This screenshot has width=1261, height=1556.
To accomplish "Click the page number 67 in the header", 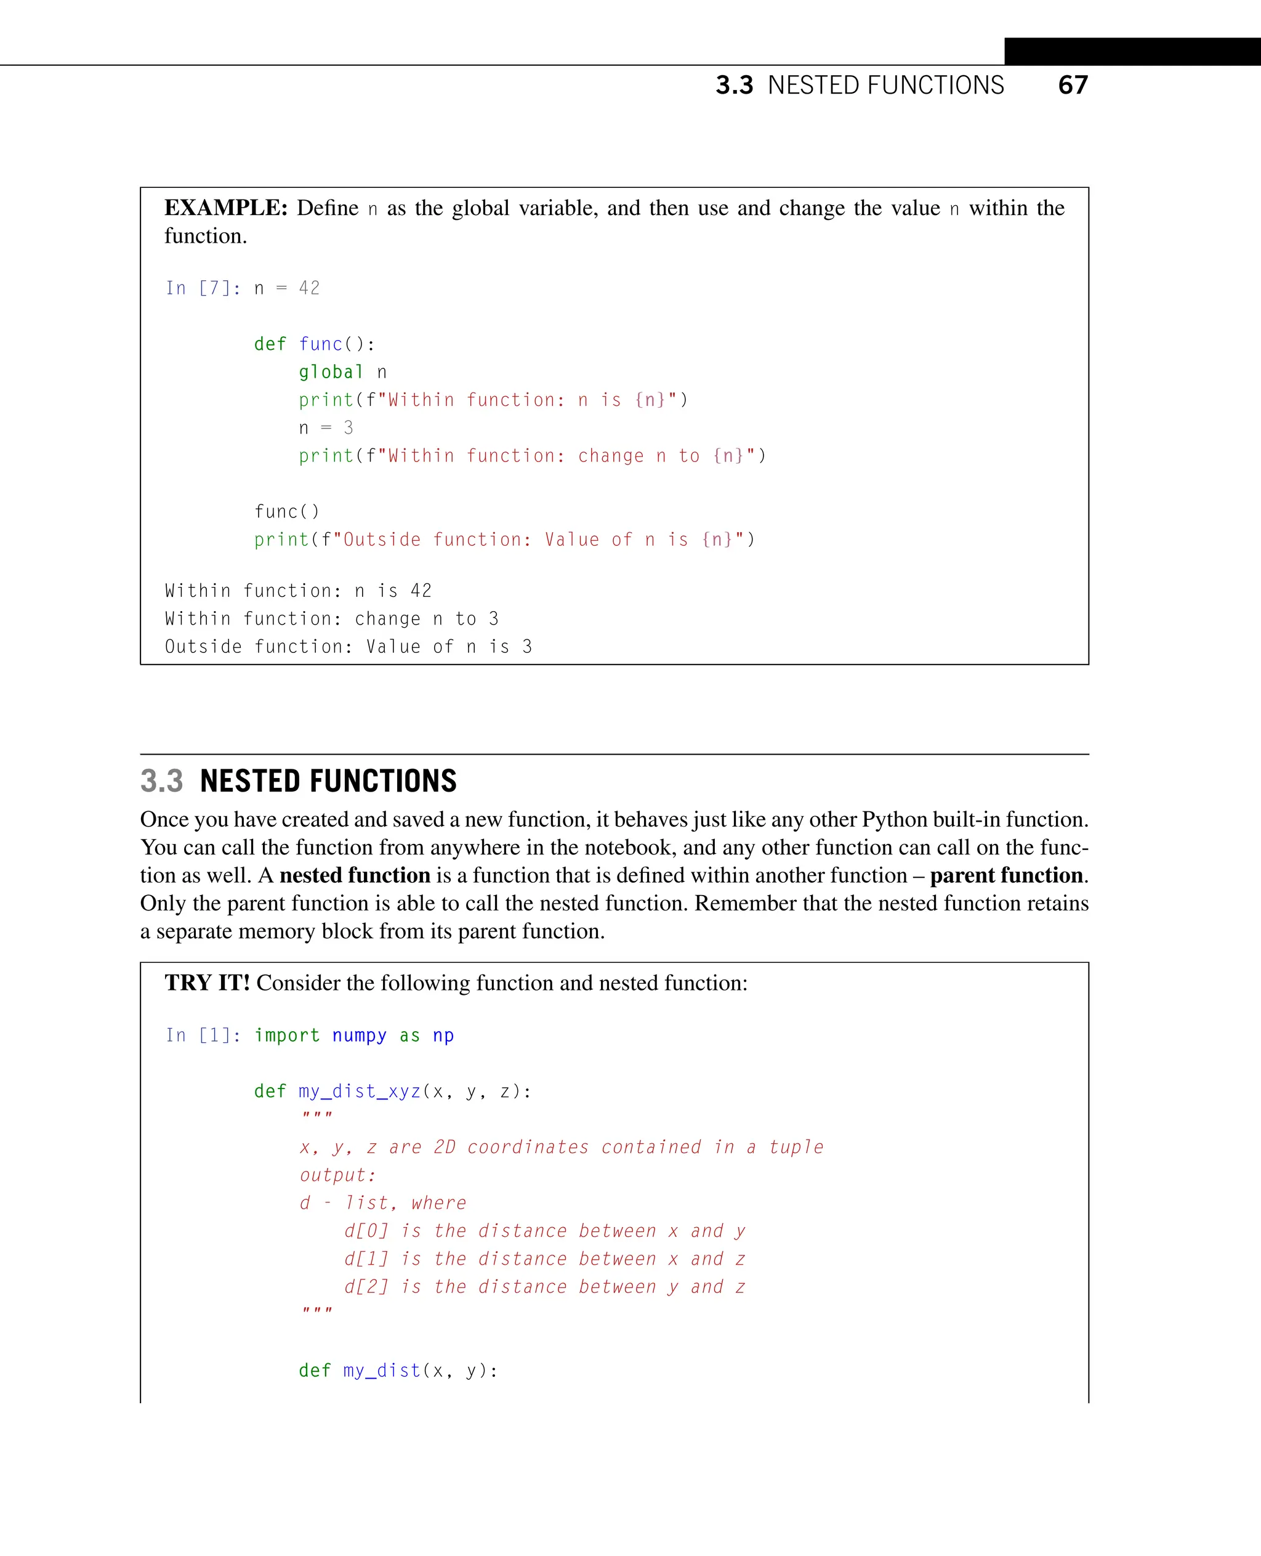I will tap(1073, 85).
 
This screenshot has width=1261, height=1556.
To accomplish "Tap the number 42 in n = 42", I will tap(310, 288).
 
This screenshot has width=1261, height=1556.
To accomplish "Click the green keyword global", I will tap(331, 372).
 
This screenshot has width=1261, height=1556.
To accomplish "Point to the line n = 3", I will tap(326, 428).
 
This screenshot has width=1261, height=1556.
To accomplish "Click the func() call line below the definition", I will tap(287, 512).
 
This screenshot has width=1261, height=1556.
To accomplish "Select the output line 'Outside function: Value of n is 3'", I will tap(348, 647).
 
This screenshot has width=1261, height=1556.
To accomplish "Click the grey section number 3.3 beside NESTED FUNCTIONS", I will tap(161, 781).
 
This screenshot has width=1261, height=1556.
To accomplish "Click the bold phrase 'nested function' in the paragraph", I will tap(355, 875).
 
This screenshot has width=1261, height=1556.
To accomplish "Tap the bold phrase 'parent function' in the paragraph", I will tap(1006, 875).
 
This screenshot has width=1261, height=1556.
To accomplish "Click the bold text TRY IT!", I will tap(207, 983).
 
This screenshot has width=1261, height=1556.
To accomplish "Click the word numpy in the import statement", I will tap(359, 1035).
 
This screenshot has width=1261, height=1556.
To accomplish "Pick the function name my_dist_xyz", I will tap(360, 1092).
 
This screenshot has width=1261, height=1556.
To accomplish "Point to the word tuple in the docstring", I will tap(796, 1147).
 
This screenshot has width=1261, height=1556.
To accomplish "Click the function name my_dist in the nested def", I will tap(382, 1371).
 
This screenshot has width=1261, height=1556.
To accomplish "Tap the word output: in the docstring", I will tap(338, 1175).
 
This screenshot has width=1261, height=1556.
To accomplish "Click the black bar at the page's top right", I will tap(1132, 52).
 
